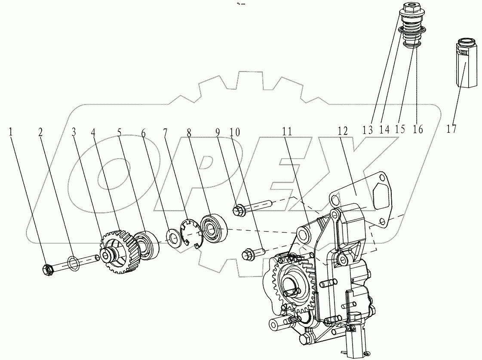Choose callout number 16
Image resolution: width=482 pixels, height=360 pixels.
[x=417, y=129]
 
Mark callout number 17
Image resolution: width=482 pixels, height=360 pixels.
[x=451, y=129]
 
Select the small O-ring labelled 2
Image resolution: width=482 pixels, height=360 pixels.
[x=73, y=263]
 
